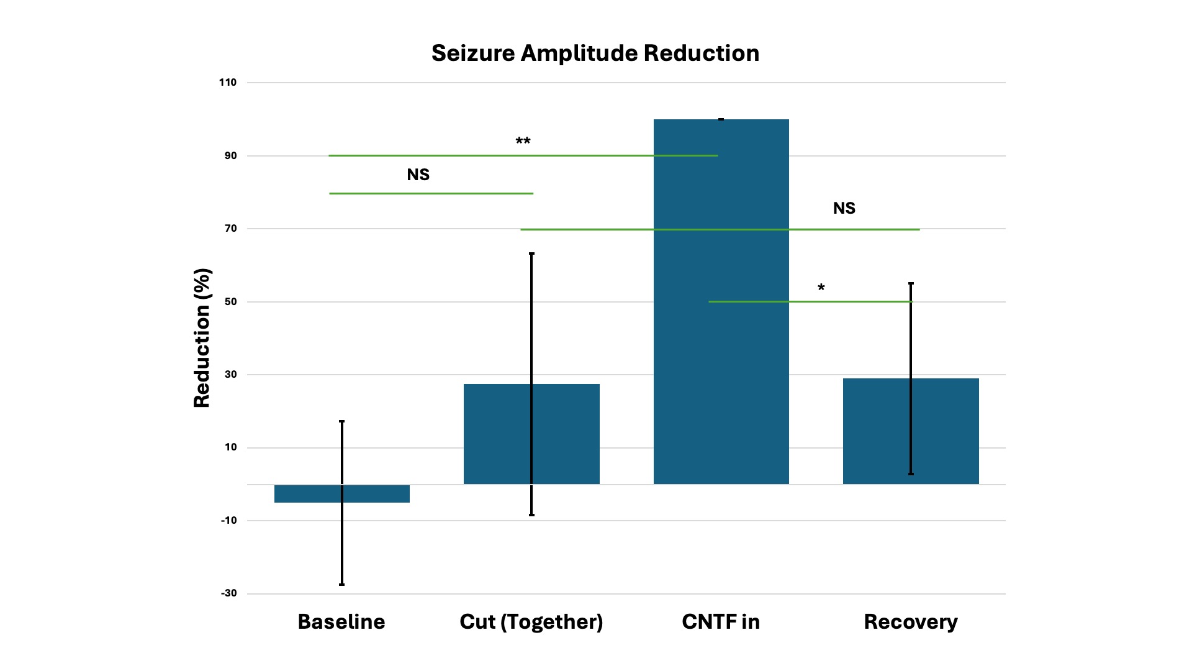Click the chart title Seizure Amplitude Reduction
click(x=595, y=53)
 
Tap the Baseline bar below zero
click(x=372, y=494)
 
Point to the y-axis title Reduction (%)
click(x=202, y=338)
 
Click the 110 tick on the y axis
click(x=228, y=83)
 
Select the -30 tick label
click(x=228, y=593)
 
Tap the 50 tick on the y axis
click(x=231, y=302)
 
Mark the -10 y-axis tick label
click(x=228, y=521)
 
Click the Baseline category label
click(x=341, y=622)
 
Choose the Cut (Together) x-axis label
click(x=531, y=622)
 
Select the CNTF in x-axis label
click(x=721, y=622)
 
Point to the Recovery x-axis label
click(x=911, y=622)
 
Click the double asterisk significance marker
click(x=523, y=142)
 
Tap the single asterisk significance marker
click(x=821, y=288)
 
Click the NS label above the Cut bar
click(x=418, y=175)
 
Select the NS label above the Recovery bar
click(x=844, y=209)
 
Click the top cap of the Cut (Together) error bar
click(x=531, y=253)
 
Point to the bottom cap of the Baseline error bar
click(x=341, y=585)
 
